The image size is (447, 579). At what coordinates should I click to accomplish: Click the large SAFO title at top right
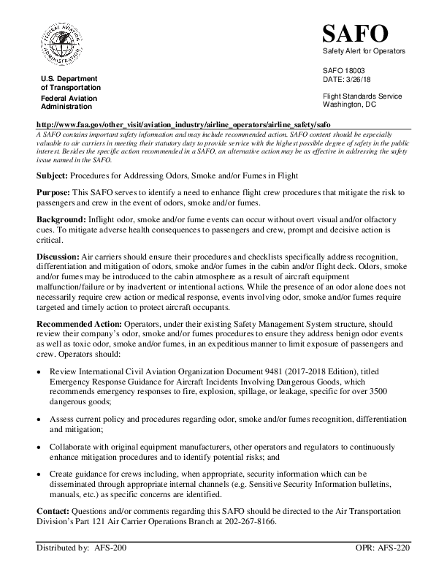pyautogui.click(x=356, y=34)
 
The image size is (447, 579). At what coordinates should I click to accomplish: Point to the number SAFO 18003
pyautogui.click(x=343, y=70)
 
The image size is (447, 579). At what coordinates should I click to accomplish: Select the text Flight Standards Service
pyautogui.click(x=362, y=96)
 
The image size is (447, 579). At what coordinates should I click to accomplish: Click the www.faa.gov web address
pyautogui.click(x=183, y=125)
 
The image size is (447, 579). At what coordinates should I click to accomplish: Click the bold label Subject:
pyautogui.click(x=53, y=176)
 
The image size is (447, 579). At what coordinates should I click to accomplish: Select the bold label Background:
pyautogui.click(x=61, y=219)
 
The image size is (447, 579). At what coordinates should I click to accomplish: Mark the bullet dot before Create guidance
pyautogui.click(x=39, y=474)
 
